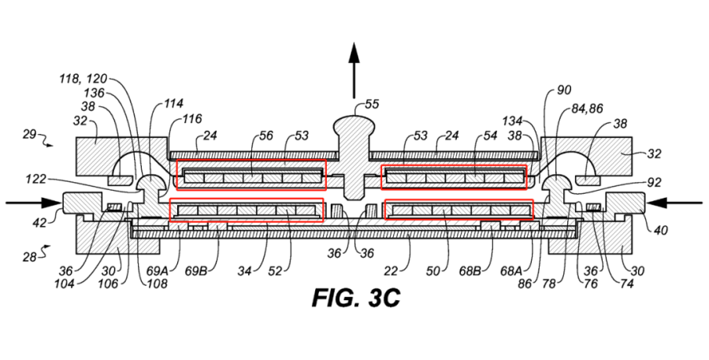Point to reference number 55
(x=369, y=104)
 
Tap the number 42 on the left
(x=39, y=223)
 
